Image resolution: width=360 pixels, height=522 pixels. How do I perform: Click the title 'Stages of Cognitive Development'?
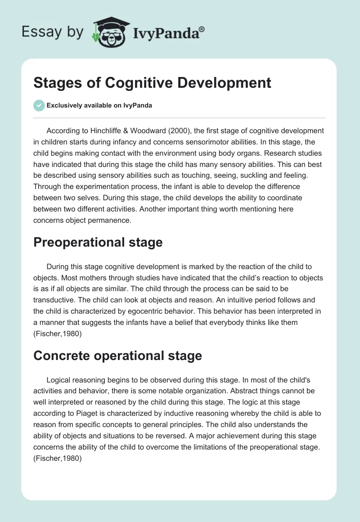click(153, 83)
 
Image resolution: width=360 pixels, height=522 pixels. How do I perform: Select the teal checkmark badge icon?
click(38, 105)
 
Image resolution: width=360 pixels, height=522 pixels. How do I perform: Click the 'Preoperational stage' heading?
click(98, 242)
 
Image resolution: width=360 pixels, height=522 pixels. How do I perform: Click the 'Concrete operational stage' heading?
click(117, 355)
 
